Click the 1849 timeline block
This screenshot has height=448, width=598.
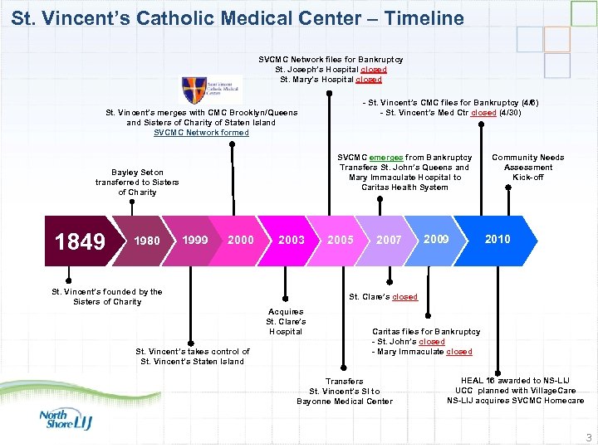click(80, 241)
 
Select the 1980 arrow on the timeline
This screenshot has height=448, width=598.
click(147, 241)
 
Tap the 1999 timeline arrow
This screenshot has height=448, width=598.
click(195, 240)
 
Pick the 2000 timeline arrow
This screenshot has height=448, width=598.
click(241, 240)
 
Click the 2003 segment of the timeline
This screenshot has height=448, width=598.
click(292, 240)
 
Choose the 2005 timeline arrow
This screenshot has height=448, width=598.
click(341, 240)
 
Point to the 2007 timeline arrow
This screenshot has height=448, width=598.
click(389, 240)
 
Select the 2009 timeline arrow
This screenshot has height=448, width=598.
click(436, 239)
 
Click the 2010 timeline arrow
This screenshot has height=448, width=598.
click(498, 239)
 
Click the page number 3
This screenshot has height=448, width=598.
click(588, 437)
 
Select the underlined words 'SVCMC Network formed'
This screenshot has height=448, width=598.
click(201, 132)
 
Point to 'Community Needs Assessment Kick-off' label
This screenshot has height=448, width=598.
click(527, 167)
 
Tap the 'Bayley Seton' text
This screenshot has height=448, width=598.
click(137, 172)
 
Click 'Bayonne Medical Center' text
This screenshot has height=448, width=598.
click(345, 402)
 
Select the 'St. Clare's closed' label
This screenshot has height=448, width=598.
click(383, 297)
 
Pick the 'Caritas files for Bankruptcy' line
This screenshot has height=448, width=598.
click(425, 331)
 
